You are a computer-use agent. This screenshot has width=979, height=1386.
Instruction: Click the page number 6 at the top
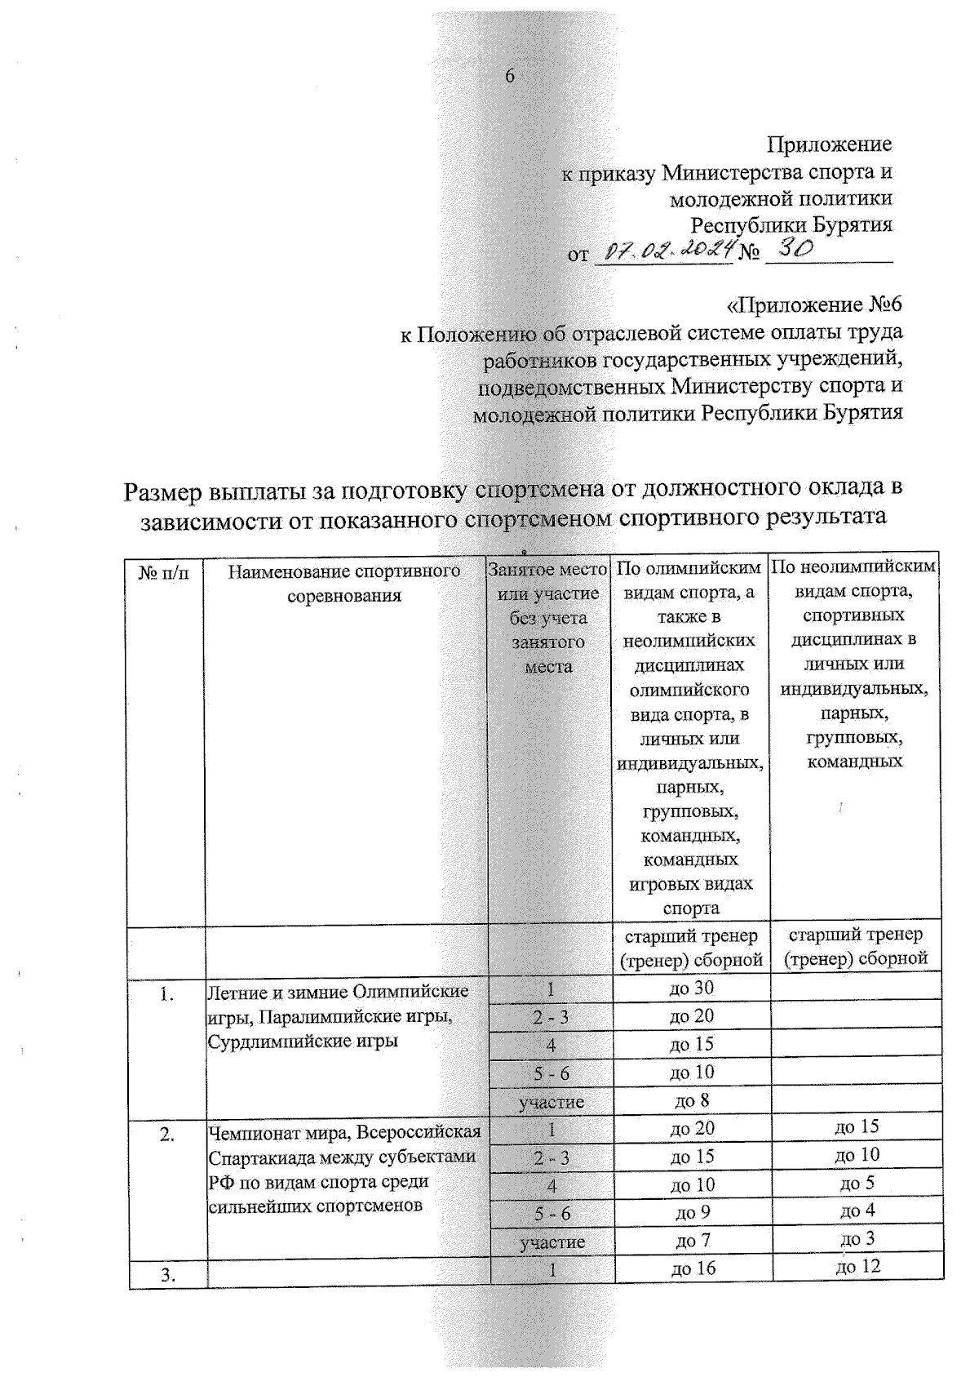pos(510,76)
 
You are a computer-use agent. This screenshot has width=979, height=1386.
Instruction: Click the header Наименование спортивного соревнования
pos(343,583)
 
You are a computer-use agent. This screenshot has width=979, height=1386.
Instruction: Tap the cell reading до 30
pos(691,988)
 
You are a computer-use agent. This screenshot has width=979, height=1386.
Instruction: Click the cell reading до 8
pos(691,1100)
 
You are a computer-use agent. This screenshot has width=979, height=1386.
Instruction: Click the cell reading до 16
pos(692,1268)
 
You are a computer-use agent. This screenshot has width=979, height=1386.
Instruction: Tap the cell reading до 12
pos(857,1266)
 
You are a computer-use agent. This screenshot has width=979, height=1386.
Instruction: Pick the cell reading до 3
pos(857,1238)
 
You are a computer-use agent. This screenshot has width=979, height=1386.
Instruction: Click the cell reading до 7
pos(692,1240)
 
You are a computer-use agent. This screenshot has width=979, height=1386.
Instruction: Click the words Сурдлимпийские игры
pos(303,1042)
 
